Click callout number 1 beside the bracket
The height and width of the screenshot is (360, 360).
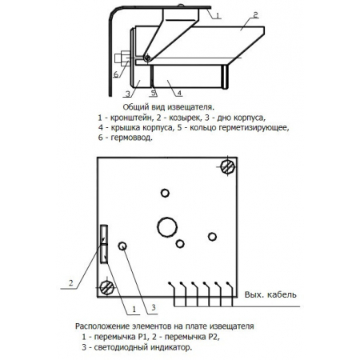[x=218, y=15]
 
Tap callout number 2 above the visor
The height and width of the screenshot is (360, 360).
[x=255, y=15]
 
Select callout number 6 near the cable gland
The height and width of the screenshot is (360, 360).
[x=116, y=74]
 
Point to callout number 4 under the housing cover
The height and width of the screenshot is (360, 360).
[x=179, y=93]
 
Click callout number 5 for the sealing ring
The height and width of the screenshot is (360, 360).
[x=154, y=93]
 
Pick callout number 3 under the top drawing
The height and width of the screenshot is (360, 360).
[x=128, y=94]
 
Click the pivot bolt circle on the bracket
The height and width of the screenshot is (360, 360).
[x=147, y=58]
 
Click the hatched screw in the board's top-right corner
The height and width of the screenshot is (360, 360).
[x=228, y=167]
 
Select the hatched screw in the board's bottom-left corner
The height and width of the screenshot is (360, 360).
[x=107, y=288]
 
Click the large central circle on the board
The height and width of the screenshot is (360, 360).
[x=167, y=227]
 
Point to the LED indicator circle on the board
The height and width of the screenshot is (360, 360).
[x=122, y=246]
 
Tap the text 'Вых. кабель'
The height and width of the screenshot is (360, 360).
[x=270, y=294]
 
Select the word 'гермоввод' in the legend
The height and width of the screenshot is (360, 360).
[x=131, y=138]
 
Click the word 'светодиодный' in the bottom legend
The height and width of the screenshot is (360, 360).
[x=121, y=347]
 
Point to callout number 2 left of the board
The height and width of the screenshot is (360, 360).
[x=70, y=283]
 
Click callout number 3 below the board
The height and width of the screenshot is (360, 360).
[x=154, y=307]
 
